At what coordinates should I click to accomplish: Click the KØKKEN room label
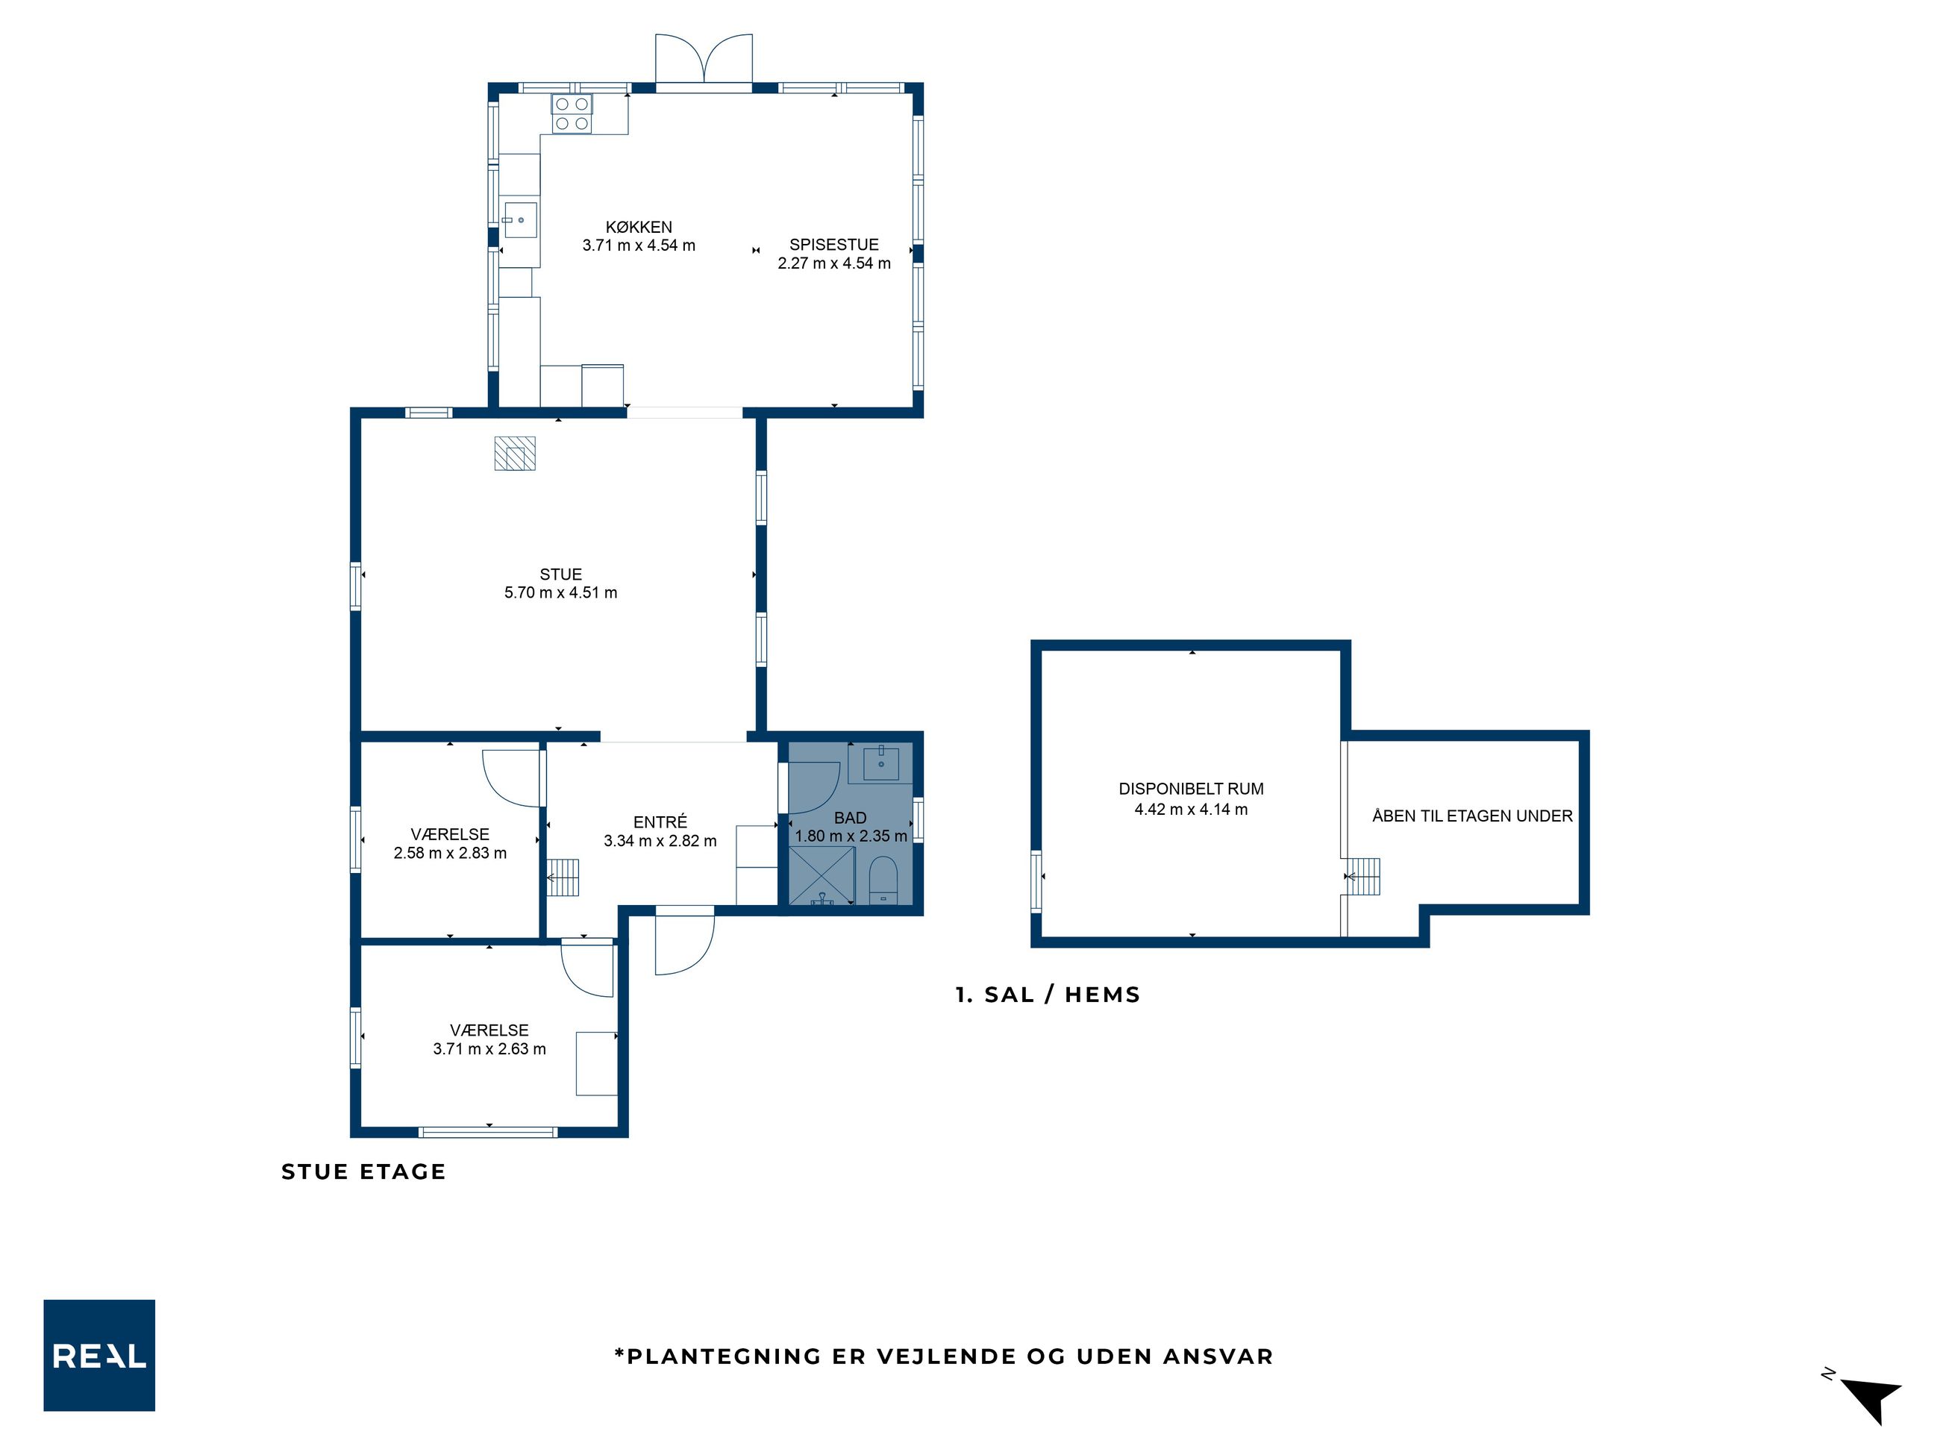tap(639, 227)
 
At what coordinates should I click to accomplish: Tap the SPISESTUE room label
tap(833, 245)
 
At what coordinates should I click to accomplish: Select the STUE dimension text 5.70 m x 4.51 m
tap(560, 593)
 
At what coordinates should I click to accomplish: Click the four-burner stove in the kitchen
tap(572, 114)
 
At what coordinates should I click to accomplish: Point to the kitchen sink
tap(520, 220)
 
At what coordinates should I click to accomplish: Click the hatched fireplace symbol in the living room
tap(515, 454)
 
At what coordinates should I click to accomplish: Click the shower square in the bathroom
tap(822, 875)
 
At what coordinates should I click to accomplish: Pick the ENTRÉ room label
tap(660, 822)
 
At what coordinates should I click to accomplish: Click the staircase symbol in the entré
tap(563, 877)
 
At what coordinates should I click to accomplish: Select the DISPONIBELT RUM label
tap(1191, 789)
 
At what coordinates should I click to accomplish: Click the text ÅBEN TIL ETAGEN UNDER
tap(1473, 816)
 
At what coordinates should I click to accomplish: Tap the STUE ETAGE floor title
tap(363, 1171)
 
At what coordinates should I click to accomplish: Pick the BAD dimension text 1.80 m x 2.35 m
tap(851, 836)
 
